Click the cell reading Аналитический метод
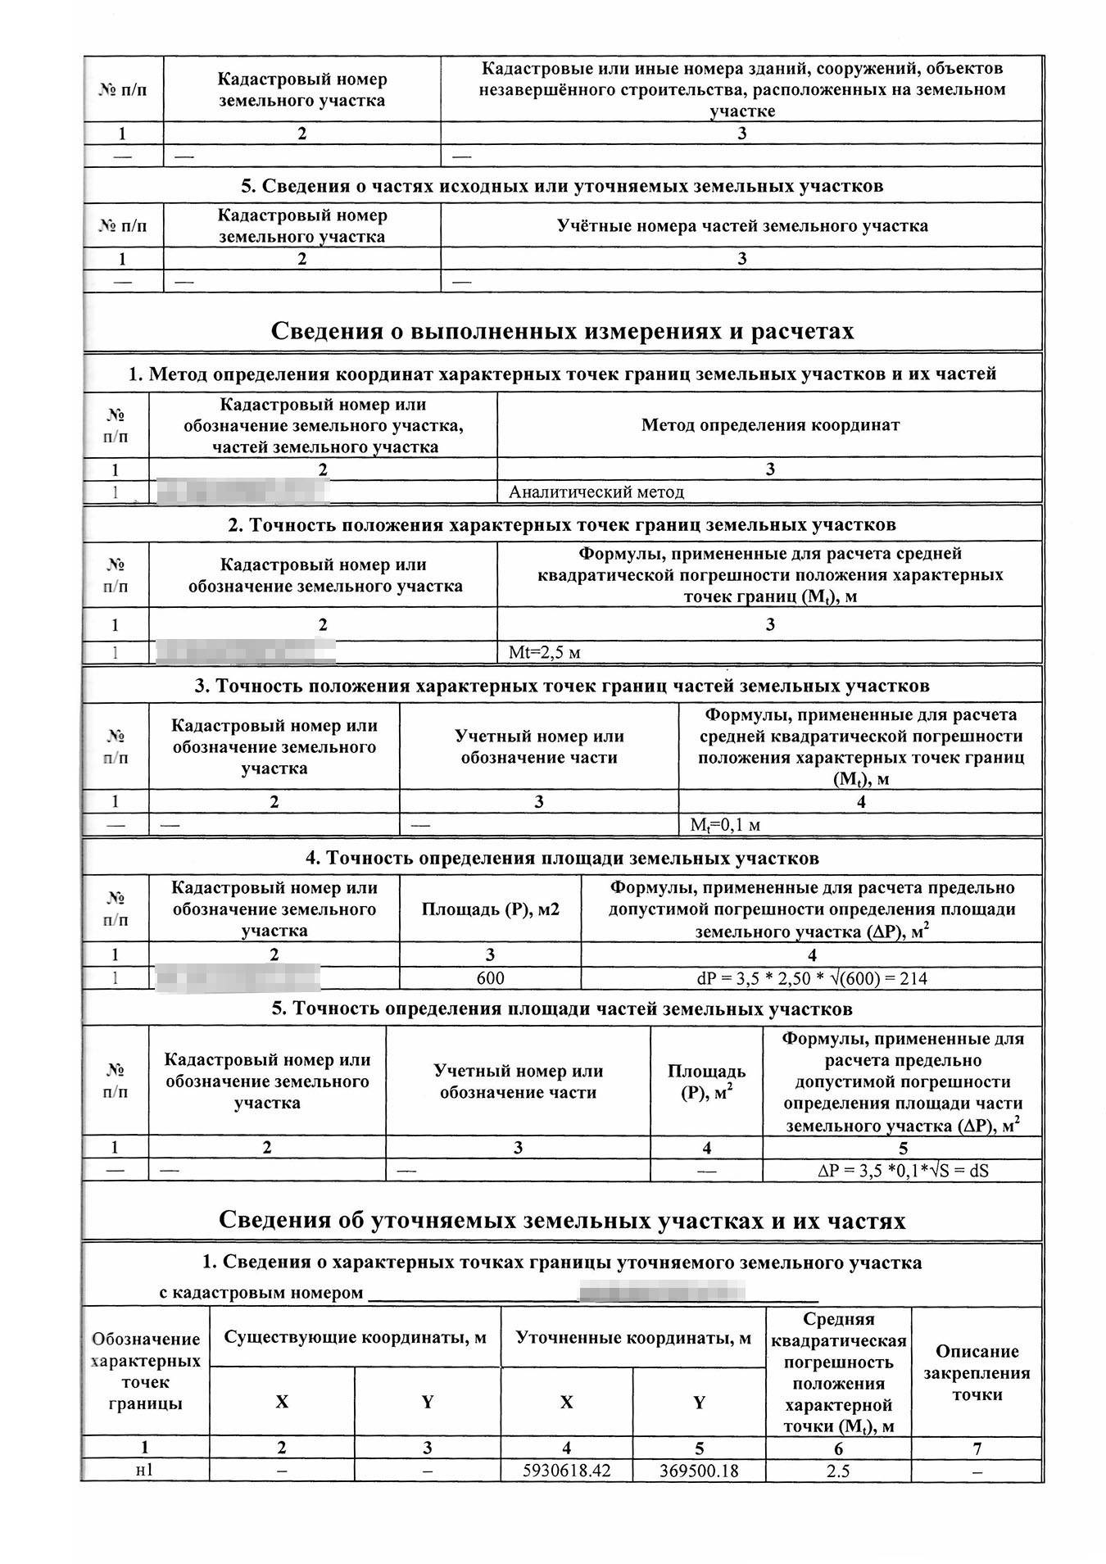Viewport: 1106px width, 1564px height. pos(596,492)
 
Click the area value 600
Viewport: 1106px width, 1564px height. pos(490,978)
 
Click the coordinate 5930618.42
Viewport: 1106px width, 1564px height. pos(567,1471)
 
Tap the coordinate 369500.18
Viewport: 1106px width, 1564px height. pos(699,1471)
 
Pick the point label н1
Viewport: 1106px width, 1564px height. pos(144,1471)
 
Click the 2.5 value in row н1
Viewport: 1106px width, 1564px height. pos(837,1471)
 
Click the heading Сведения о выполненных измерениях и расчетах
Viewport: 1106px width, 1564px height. pos(562,331)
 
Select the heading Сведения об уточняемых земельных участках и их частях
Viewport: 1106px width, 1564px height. pos(562,1221)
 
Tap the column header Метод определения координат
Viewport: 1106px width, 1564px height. pos(770,424)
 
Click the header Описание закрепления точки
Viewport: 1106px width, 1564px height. pos(977,1372)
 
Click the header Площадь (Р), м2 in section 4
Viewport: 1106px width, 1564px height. pos(490,909)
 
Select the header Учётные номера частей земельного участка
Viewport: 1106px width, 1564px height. pos(741,225)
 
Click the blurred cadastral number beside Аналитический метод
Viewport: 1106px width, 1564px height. pos(243,492)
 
